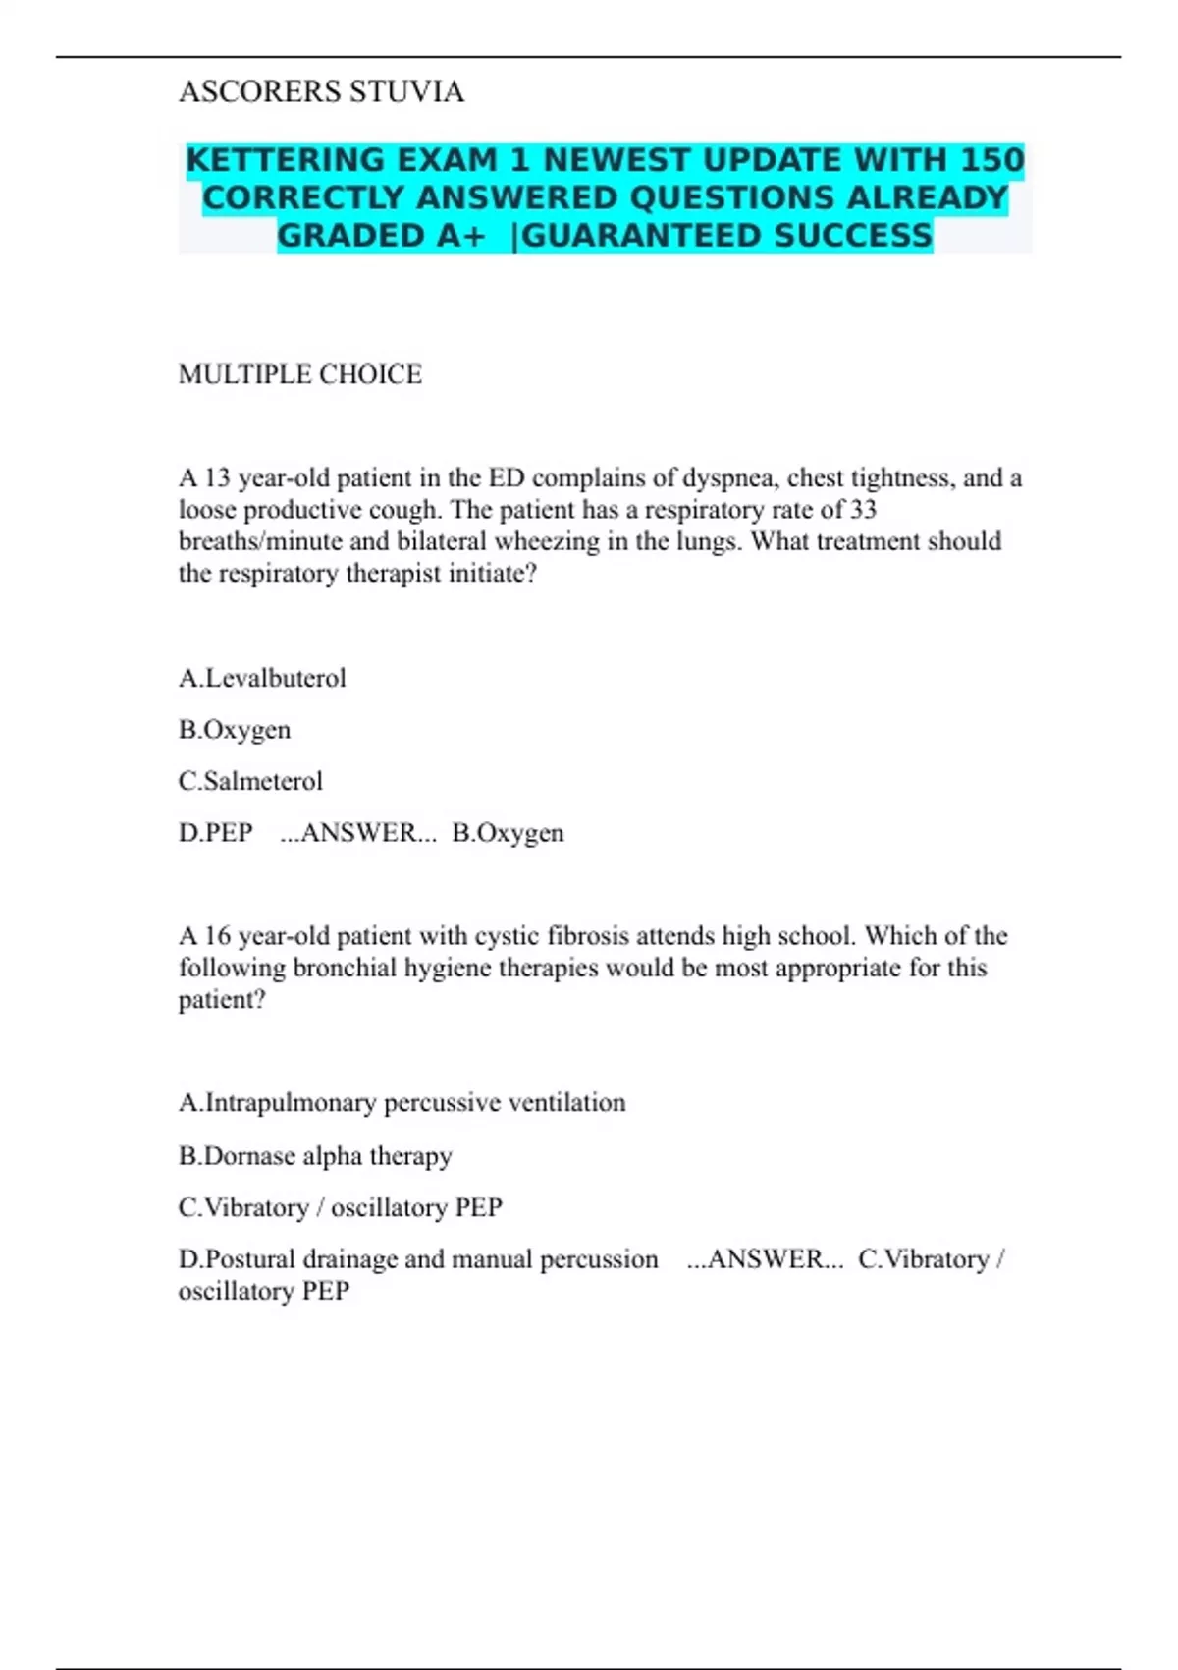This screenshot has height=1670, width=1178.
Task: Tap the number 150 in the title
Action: coord(991,160)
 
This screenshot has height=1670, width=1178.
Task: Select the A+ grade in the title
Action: coord(456,236)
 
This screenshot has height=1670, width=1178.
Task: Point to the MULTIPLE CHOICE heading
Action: coord(300,374)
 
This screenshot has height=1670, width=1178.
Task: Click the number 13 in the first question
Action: coord(217,478)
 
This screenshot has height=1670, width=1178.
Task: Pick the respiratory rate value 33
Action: coord(863,510)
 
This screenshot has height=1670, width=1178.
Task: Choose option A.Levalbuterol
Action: coord(262,678)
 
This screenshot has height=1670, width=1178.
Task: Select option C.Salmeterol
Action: coord(250,781)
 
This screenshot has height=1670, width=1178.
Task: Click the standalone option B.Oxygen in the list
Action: coord(235,730)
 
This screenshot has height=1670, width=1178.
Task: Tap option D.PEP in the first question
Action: coord(216,833)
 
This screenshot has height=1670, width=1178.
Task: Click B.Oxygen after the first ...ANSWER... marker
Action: coord(508,833)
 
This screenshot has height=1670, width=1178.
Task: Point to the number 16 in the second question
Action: coord(217,936)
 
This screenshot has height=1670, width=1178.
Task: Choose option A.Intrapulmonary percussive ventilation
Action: coord(402,1103)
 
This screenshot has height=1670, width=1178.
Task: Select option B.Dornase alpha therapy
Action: coord(315,1156)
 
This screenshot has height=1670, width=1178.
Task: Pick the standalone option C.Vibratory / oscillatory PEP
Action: coord(340,1207)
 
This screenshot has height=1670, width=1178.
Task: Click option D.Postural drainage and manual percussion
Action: coord(418,1259)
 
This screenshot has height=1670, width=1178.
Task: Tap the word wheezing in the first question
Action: coord(547,541)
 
